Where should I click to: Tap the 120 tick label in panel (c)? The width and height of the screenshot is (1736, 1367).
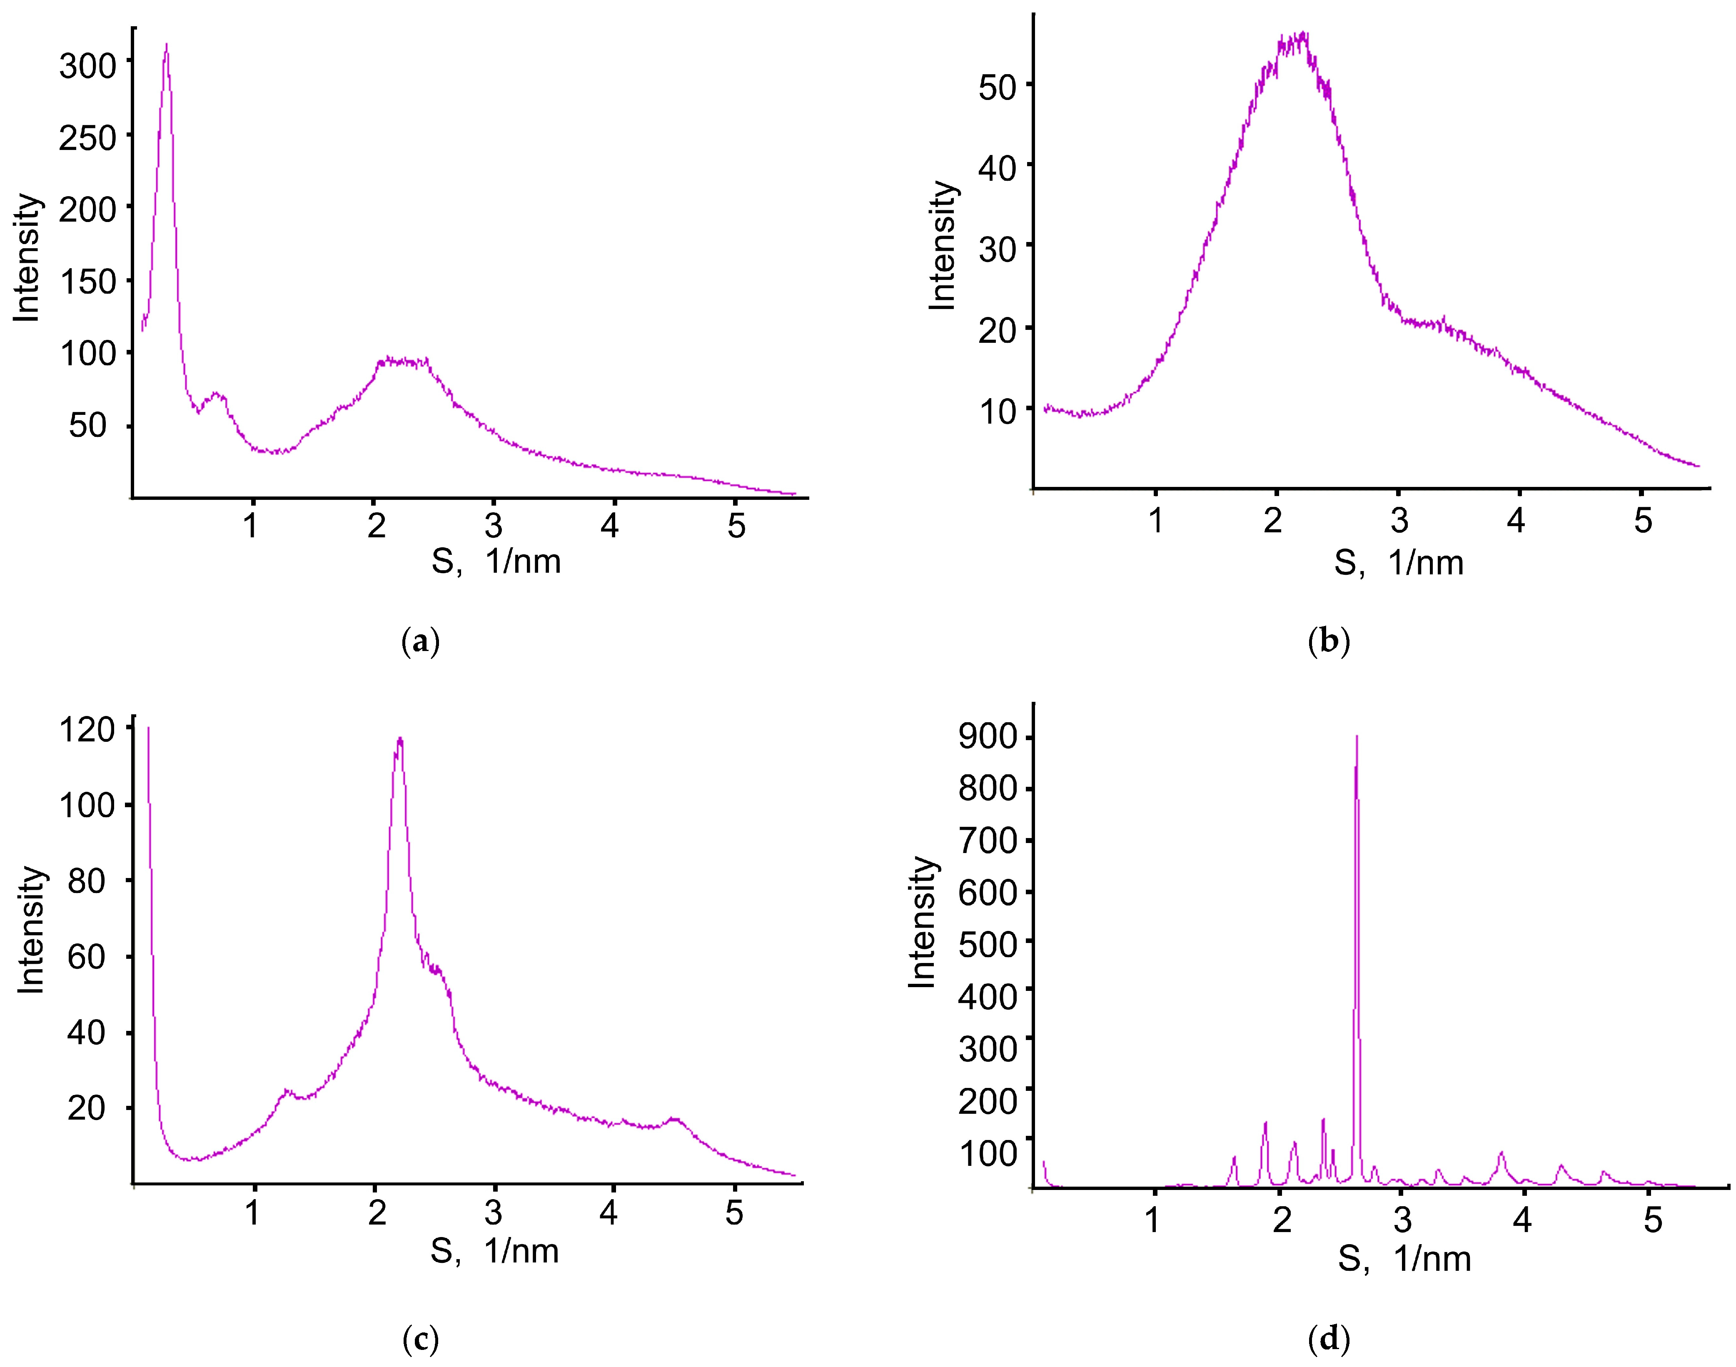click(x=87, y=729)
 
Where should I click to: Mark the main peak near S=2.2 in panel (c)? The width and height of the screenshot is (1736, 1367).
click(x=399, y=740)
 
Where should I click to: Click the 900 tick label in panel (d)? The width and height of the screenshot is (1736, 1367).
click(x=988, y=736)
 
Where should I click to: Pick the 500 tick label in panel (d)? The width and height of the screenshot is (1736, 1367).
click(x=988, y=944)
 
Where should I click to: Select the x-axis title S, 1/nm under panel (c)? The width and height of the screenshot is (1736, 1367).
click(x=494, y=1251)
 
